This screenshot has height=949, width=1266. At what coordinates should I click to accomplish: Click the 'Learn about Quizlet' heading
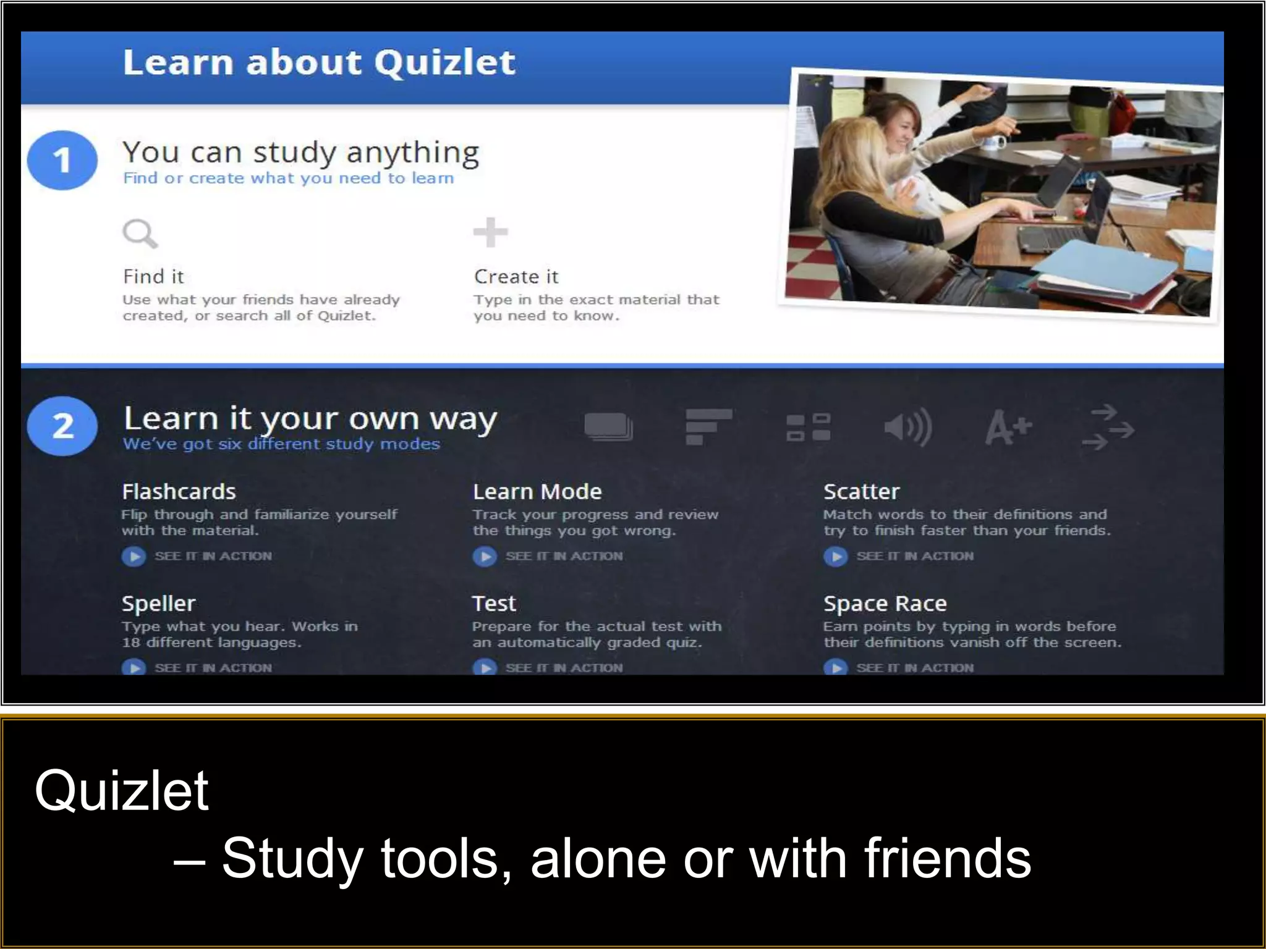[x=319, y=62]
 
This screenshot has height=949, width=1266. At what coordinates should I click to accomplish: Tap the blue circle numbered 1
[x=62, y=160]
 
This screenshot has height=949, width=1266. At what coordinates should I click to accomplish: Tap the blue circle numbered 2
[x=62, y=426]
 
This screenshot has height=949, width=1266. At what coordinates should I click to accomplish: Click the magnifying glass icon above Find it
[x=140, y=234]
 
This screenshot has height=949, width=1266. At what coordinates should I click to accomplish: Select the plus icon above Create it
[x=490, y=232]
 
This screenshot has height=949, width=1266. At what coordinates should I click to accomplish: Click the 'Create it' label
[x=516, y=276]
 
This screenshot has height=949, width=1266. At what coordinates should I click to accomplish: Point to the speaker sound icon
[x=907, y=427]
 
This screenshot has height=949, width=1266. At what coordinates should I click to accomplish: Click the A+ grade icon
[x=1008, y=427]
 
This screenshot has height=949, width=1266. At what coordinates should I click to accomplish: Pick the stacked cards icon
[x=608, y=427]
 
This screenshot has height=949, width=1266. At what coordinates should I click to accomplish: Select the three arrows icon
[x=1108, y=427]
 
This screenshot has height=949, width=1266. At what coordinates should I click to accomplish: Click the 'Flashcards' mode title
[x=179, y=492]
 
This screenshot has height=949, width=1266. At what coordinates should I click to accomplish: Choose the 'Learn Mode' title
[x=537, y=492]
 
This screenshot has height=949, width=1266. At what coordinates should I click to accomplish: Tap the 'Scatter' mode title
[x=861, y=492]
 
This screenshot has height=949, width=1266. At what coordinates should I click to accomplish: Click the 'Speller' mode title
[x=158, y=604]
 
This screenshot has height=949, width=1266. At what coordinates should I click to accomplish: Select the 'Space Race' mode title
[x=885, y=604]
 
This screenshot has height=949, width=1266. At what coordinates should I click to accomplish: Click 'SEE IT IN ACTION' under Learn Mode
[x=563, y=556]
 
